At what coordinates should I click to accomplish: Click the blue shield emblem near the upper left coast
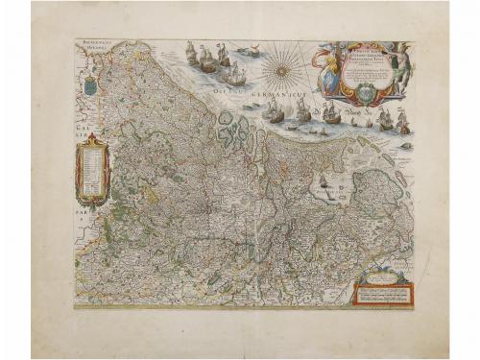point(90,85)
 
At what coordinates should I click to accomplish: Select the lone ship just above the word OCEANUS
point(234,73)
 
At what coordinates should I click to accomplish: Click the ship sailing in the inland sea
point(324,180)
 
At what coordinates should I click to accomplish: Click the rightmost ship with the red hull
point(402,122)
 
